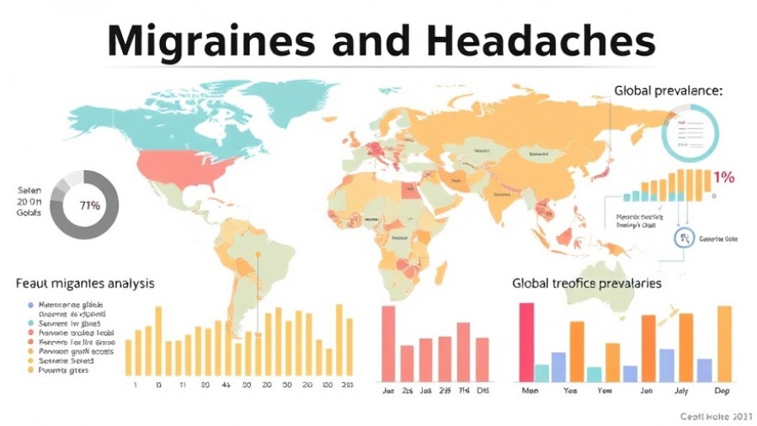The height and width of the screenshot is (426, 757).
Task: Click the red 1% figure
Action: (723, 178)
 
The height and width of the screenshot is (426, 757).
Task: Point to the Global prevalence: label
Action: (668, 90)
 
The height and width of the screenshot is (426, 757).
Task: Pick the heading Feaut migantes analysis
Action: (84, 283)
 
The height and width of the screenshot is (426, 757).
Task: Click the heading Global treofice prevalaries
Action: (586, 283)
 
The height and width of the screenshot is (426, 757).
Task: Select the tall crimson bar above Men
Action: (527, 342)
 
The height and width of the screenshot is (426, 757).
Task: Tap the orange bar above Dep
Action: (723, 343)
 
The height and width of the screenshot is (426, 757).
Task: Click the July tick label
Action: (682, 391)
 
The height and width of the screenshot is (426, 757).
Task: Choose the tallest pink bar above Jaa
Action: (388, 343)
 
